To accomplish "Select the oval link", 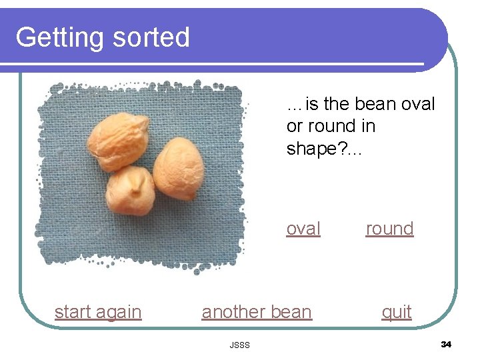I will (303, 229).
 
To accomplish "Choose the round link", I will (390, 229).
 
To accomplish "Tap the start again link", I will (98, 312).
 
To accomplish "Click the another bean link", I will (257, 312).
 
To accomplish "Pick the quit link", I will (397, 312).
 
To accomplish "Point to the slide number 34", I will (446, 345).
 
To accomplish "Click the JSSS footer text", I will (239, 345).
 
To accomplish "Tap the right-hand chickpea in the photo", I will (178, 168).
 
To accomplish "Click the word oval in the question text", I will (419, 105).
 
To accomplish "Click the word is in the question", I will (311, 105).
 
